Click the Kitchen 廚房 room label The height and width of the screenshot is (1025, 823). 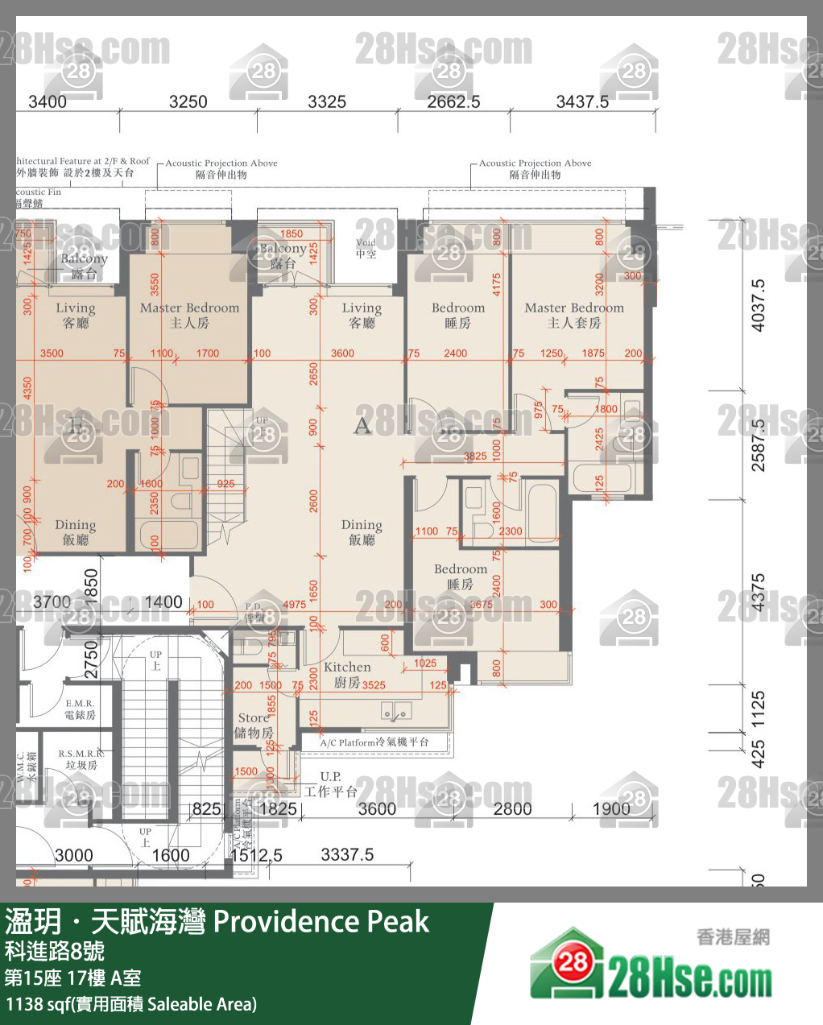point(348,675)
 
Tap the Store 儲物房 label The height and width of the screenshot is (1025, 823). point(254,725)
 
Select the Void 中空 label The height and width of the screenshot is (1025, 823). point(366,248)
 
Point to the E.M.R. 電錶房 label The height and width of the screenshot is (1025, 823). point(80,709)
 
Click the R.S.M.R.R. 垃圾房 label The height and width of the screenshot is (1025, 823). point(81,759)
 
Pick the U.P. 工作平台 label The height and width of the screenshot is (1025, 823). point(330,784)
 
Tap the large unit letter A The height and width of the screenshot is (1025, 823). point(362,425)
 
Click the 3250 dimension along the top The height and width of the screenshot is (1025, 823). point(188,102)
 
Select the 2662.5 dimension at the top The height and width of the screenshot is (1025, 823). point(453,102)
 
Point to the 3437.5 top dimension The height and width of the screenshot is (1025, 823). point(582,102)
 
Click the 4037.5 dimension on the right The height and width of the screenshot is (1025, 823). point(758,306)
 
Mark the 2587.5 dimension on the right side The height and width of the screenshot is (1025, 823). point(758,444)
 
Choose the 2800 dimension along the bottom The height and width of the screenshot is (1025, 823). point(512,809)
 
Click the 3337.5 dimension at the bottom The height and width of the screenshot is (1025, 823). point(347,855)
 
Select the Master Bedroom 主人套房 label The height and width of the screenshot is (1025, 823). point(574,315)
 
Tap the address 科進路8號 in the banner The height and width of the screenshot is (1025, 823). point(55,952)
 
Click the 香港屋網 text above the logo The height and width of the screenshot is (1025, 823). point(733,936)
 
